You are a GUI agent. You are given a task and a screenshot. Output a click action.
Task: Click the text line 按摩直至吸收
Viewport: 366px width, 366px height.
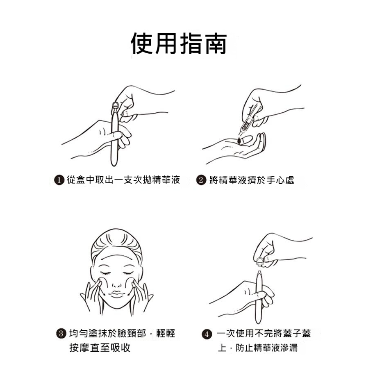pyautogui.click(x=100, y=348)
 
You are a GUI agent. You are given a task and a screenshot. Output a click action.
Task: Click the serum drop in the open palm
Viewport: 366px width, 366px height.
pyautogui.click(x=238, y=141)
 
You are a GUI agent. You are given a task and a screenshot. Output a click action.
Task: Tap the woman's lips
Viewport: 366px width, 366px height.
pyautogui.click(x=117, y=294)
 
